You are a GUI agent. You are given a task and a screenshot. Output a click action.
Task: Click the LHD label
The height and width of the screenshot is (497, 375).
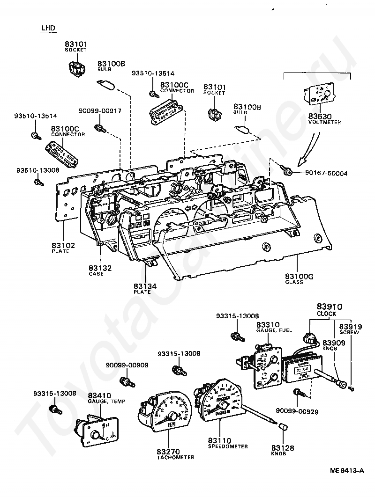[x=48, y=28]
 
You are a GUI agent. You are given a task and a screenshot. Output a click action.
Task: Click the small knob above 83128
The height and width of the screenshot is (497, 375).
[x=283, y=427]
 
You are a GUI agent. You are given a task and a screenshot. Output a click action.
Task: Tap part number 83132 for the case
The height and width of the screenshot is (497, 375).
[x=100, y=268]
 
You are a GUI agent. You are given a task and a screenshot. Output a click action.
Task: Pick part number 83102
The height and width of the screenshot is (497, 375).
[x=63, y=245]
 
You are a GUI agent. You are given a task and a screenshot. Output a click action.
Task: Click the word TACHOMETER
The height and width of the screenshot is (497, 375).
[x=176, y=457]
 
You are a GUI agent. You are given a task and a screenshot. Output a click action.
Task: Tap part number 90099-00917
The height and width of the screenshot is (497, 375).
[x=100, y=111]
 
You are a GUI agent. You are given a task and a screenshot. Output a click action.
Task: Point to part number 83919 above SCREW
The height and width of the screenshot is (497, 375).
[x=349, y=326]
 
